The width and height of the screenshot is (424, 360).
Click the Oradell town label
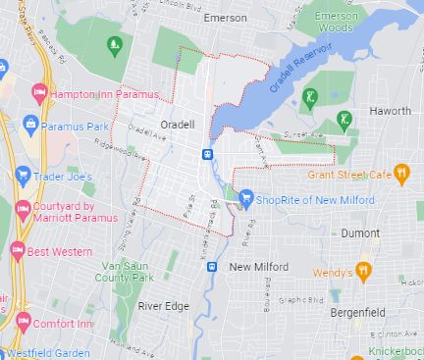[x=180, y=126]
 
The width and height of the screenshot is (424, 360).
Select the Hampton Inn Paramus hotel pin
[x=39, y=94]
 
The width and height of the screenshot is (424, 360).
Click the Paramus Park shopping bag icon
[x=29, y=126]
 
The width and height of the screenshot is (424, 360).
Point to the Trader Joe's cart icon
[x=24, y=177]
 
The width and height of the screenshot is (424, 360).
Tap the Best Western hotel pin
[x=17, y=250]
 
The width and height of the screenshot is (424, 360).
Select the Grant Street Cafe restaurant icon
[x=399, y=174]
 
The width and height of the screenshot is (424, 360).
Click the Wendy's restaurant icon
[x=363, y=270]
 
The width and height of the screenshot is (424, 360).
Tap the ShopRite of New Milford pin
[x=245, y=199]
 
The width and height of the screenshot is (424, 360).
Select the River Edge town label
[x=162, y=306]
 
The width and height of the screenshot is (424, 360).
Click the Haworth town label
[x=390, y=111]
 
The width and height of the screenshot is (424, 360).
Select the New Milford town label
[x=258, y=267]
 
